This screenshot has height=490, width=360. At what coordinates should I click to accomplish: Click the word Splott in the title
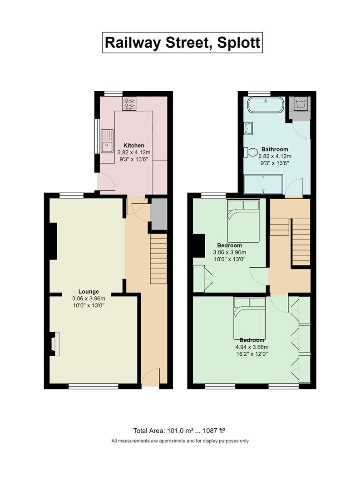pyautogui.click(x=238, y=43)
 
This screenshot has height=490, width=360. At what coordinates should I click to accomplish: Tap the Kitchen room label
pyautogui.click(x=134, y=145)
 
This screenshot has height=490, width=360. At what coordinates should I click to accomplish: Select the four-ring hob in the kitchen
pyautogui.click(x=129, y=103)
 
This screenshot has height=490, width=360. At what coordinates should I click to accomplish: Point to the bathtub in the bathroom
pyautogui.click(x=266, y=105)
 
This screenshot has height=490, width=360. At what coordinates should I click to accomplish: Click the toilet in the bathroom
pyautogui.click(x=251, y=152)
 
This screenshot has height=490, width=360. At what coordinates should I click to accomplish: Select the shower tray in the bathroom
pyautogui.click(x=263, y=184)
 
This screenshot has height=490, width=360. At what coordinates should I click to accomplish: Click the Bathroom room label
pyautogui.click(x=275, y=149)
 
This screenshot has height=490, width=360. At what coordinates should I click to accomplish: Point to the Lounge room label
pyautogui.click(x=89, y=292)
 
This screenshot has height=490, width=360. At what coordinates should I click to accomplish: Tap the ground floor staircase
pyautogui.click(x=158, y=259)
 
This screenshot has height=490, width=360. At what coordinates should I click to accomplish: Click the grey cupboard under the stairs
pyautogui.click(x=158, y=214)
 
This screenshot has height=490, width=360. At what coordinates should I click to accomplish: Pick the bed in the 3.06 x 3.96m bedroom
pyautogui.click(x=243, y=221)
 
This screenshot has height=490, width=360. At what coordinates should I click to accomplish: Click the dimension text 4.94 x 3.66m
pyautogui.click(x=252, y=347)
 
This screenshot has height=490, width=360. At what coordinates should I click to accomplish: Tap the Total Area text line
pyautogui.click(x=179, y=431)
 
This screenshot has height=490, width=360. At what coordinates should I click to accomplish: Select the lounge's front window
pyautogui.click(x=94, y=387)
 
